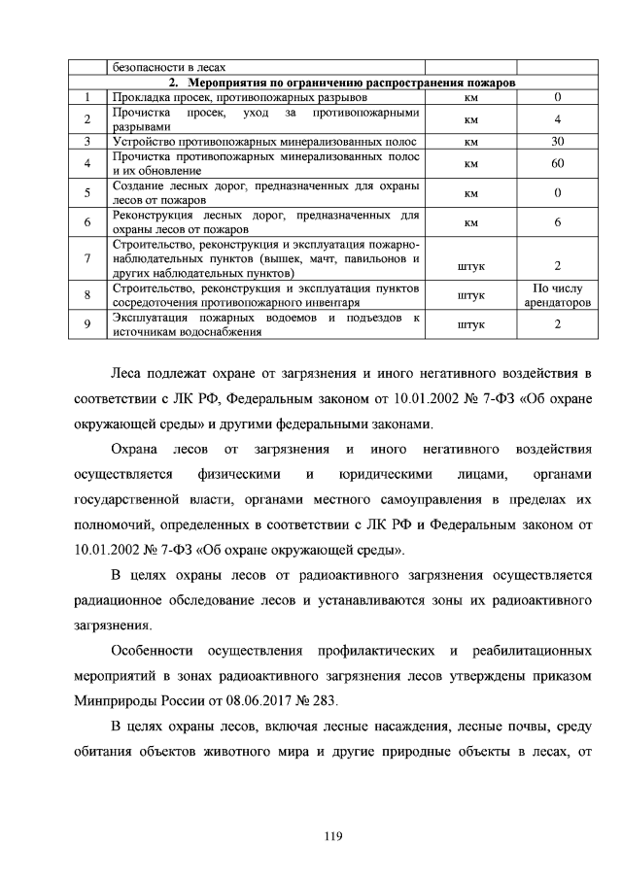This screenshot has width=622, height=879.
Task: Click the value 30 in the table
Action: click(x=558, y=142)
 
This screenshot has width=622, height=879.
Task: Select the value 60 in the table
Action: click(x=558, y=163)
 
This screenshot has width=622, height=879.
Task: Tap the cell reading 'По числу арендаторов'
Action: click(x=558, y=295)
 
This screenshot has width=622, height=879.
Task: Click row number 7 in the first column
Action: click(x=87, y=259)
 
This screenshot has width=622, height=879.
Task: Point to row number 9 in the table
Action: click(x=87, y=324)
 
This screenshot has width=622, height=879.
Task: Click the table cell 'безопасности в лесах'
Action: click(x=170, y=68)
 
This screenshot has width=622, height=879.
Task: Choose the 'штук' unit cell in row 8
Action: click(x=470, y=295)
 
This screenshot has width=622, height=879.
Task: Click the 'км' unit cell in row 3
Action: click(x=470, y=142)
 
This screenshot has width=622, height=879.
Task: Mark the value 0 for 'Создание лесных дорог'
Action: click(x=558, y=193)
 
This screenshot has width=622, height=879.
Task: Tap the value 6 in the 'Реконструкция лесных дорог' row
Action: click(x=558, y=222)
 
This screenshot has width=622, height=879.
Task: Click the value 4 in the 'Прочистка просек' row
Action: click(x=558, y=119)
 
